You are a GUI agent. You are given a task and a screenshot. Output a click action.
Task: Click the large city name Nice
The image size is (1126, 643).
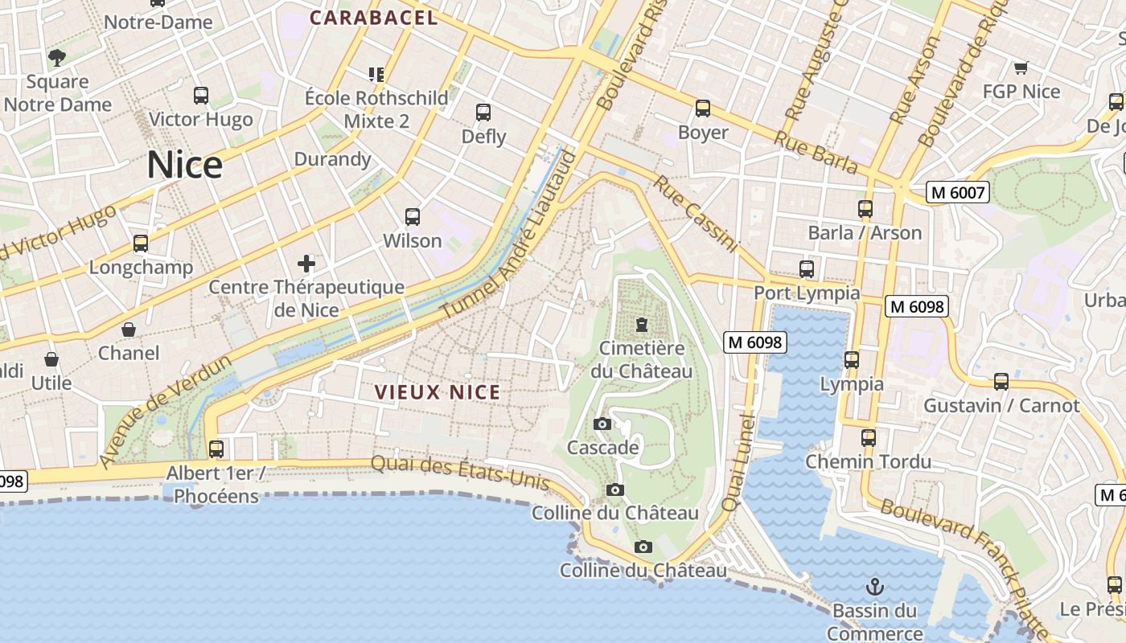[184, 165]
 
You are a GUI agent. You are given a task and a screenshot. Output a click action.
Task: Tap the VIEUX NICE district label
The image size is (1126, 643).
[438, 392]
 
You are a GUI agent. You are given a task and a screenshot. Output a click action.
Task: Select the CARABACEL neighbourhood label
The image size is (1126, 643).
[374, 18]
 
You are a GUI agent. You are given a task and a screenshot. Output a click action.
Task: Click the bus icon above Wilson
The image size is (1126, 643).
[413, 217]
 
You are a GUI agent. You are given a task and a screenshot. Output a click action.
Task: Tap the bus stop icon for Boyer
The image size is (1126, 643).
[703, 109]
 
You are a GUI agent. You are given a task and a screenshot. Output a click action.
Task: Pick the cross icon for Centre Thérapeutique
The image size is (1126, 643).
[306, 263]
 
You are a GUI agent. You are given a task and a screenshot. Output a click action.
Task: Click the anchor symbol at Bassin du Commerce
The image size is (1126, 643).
[875, 587]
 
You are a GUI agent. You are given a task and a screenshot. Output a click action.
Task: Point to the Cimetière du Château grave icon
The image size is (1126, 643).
[641, 325]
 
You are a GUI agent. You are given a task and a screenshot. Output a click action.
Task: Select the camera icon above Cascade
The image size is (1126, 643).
[602, 424]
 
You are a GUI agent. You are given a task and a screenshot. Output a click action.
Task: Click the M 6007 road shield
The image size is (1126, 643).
[957, 192]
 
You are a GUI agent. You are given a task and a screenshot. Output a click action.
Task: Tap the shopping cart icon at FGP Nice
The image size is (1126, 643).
[1021, 68]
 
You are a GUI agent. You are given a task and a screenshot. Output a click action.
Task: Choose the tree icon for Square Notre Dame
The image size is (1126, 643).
[57, 58]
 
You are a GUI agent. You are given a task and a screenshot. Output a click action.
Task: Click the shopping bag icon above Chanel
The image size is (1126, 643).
[129, 330]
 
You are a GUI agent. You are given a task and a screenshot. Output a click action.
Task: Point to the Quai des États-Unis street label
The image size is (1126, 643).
[460, 473]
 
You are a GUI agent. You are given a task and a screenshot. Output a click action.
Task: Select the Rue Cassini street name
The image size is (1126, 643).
[695, 214]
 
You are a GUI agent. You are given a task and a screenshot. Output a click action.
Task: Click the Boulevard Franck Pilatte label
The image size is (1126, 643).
[965, 563]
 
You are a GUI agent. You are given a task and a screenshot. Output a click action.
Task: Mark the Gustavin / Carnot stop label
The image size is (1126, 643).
[1001, 405]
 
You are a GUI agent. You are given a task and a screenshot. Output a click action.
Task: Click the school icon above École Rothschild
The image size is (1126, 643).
[376, 75]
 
